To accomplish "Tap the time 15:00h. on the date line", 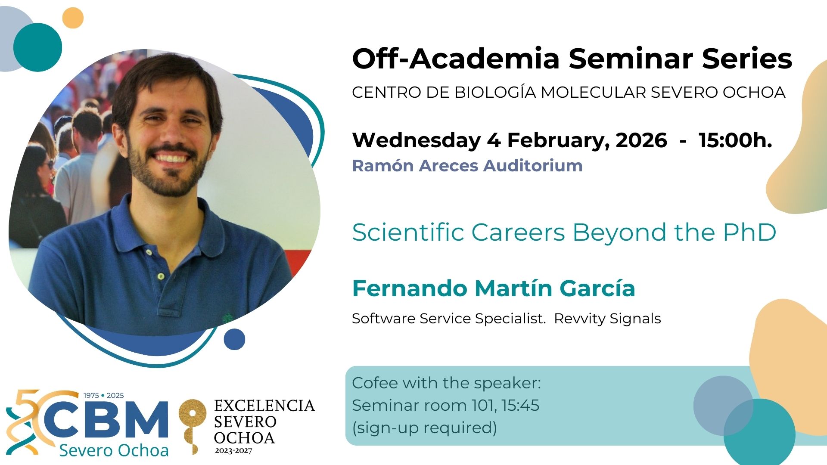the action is [735, 140].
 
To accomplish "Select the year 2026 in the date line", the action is [641, 140].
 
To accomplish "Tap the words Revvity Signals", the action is [607, 319].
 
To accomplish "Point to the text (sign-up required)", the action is [425, 428].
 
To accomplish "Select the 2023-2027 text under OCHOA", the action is [233, 451].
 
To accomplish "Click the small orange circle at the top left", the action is [73, 18].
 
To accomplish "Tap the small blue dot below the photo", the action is [234, 339].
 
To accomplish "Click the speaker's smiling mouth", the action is [171, 158].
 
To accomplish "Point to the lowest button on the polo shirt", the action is [161, 276].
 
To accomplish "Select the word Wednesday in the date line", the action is [417, 140].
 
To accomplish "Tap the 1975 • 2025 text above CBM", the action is [103, 395].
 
